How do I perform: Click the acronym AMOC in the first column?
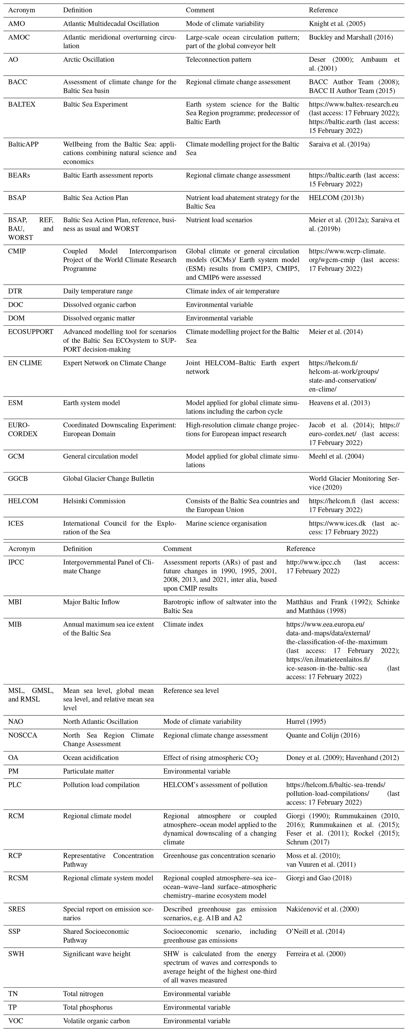pyautogui.click(x=19, y=37)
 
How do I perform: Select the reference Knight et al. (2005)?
pyautogui.click(x=337, y=24)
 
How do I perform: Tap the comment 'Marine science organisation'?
pyautogui.click(x=226, y=523)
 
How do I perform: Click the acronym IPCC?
pyautogui.click(x=16, y=562)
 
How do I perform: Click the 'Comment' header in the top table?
pyautogui.click(x=200, y=10)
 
